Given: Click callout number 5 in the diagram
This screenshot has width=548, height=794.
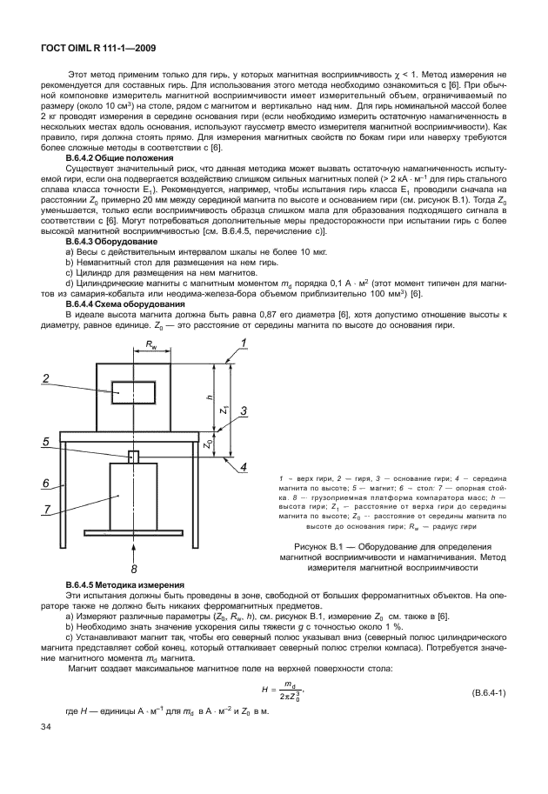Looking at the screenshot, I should click(44, 442).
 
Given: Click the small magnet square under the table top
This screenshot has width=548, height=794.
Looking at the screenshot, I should click(133, 457).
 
